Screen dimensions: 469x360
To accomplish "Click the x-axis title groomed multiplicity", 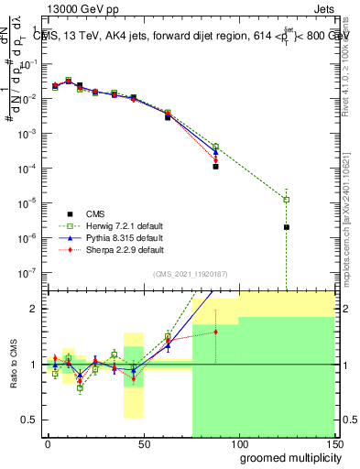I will tap(286, 456).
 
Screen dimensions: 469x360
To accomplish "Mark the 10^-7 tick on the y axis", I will tap(27, 272).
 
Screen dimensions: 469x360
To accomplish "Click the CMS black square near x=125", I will tap(287, 227).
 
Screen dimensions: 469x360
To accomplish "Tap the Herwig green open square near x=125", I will tap(287, 200).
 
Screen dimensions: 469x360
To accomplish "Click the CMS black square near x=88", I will tap(215, 167).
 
